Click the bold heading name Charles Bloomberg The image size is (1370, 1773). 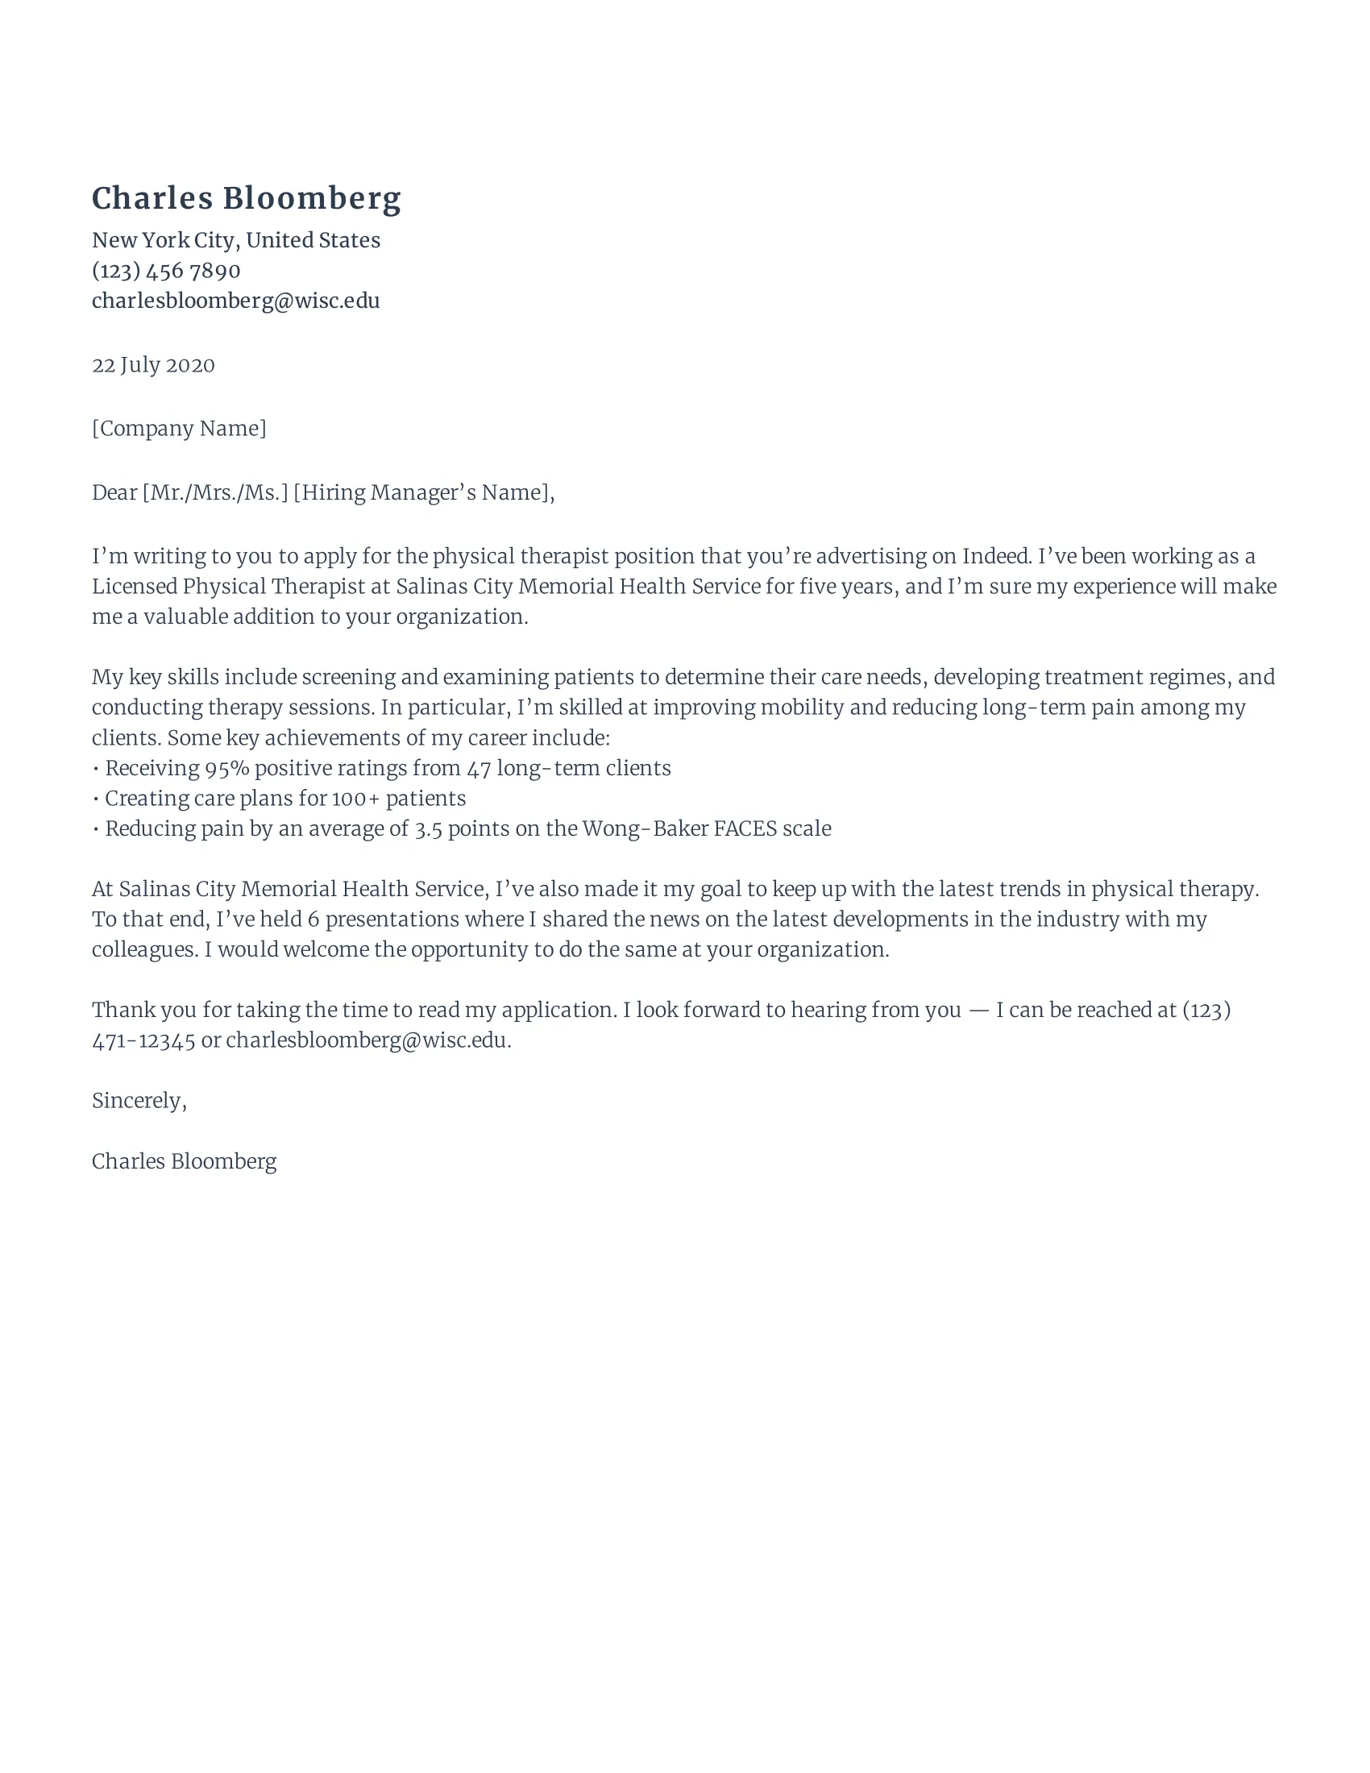pyautogui.click(x=246, y=199)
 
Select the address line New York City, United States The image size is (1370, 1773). pyautogui.click(x=235, y=240)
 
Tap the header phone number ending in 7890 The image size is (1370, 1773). pyautogui.click(x=165, y=270)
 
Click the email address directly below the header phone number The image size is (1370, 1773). pyautogui.click(x=235, y=301)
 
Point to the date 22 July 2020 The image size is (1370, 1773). pyautogui.click(x=153, y=365)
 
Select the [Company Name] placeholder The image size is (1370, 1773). pyautogui.click(x=179, y=429)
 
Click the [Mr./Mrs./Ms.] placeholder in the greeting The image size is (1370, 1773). pyautogui.click(x=215, y=492)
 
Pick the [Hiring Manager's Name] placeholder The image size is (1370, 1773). pyautogui.click(x=422, y=492)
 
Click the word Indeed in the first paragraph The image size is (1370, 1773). pyautogui.click(x=996, y=556)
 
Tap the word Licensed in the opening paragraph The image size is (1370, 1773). pyautogui.click(x=134, y=587)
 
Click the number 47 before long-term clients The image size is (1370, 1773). pyautogui.click(x=479, y=769)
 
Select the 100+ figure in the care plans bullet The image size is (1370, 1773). pyautogui.click(x=355, y=799)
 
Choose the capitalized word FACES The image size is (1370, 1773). pyautogui.click(x=745, y=828)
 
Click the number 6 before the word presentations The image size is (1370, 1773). pyautogui.click(x=313, y=920)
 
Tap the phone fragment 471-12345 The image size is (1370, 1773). pyautogui.click(x=143, y=1040)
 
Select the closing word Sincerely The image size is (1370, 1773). pyautogui.click(x=137, y=1101)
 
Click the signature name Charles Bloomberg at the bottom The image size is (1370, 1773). pyautogui.click(x=185, y=1161)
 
